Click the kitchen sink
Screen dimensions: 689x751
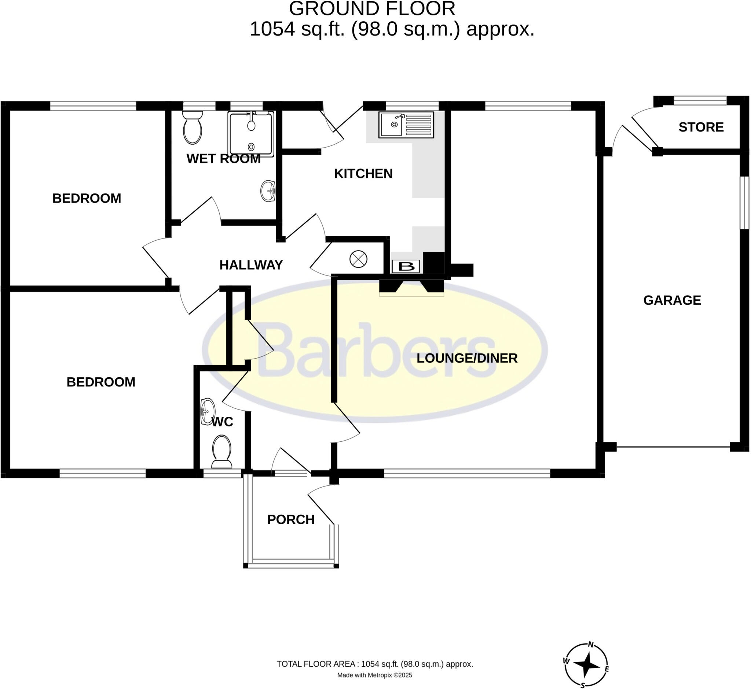(x=406, y=125)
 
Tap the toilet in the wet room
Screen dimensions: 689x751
(x=193, y=127)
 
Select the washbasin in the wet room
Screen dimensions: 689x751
(x=268, y=191)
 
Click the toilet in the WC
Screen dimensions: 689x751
(x=222, y=452)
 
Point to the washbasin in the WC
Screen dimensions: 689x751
(x=208, y=412)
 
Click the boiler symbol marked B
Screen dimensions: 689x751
(x=406, y=267)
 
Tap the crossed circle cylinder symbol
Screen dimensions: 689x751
(x=358, y=259)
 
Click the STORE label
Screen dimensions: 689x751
(x=701, y=127)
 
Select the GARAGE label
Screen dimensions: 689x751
(x=672, y=300)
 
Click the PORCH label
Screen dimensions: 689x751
(x=291, y=519)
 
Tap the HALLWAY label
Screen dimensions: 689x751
(x=251, y=265)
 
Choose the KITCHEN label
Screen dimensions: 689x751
(x=363, y=174)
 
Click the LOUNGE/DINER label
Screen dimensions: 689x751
(x=467, y=358)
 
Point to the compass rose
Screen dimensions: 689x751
(x=586, y=665)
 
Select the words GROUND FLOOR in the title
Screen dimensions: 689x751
(x=372, y=8)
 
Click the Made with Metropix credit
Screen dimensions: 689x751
(x=375, y=675)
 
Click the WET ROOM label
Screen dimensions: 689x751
(x=223, y=159)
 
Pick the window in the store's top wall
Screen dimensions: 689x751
(x=700, y=100)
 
